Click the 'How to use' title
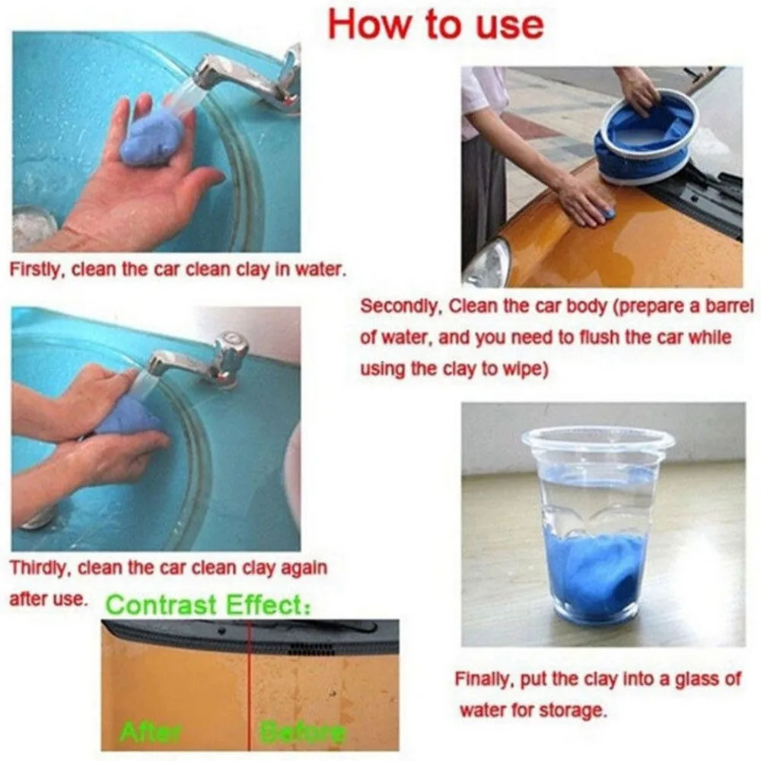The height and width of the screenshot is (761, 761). (x=435, y=24)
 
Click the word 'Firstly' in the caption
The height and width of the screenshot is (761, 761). (x=35, y=270)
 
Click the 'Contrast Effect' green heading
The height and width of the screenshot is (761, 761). (x=209, y=605)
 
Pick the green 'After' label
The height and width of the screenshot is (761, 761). (x=151, y=731)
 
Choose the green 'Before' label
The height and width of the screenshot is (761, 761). (x=302, y=731)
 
